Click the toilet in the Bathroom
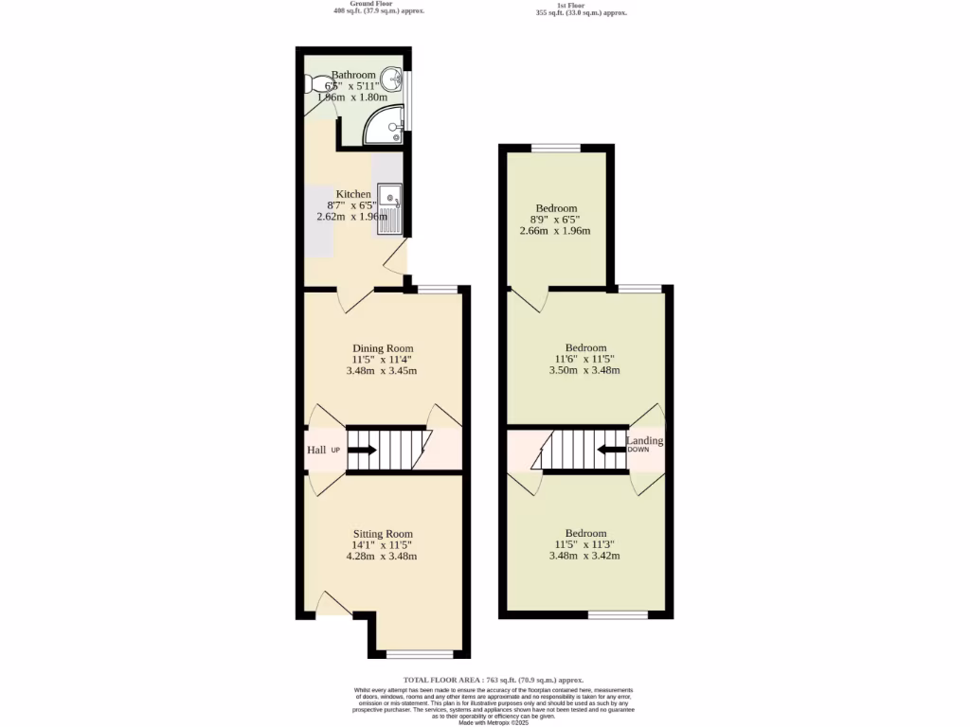[x=314, y=85]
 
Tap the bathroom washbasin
[x=390, y=82]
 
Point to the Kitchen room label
[x=353, y=194]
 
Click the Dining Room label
[x=382, y=348]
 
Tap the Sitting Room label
[x=383, y=533]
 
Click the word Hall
[x=316, y=451]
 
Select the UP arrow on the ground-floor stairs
[x=361, y=451]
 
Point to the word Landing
[x=645, y=441]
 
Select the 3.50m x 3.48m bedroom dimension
[x=584, y=370]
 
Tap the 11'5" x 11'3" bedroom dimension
[x=584, y=544]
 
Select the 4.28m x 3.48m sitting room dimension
[x=382, y=556]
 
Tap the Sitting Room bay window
[x=420, y=653]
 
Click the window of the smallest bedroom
[x=556, y=147]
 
